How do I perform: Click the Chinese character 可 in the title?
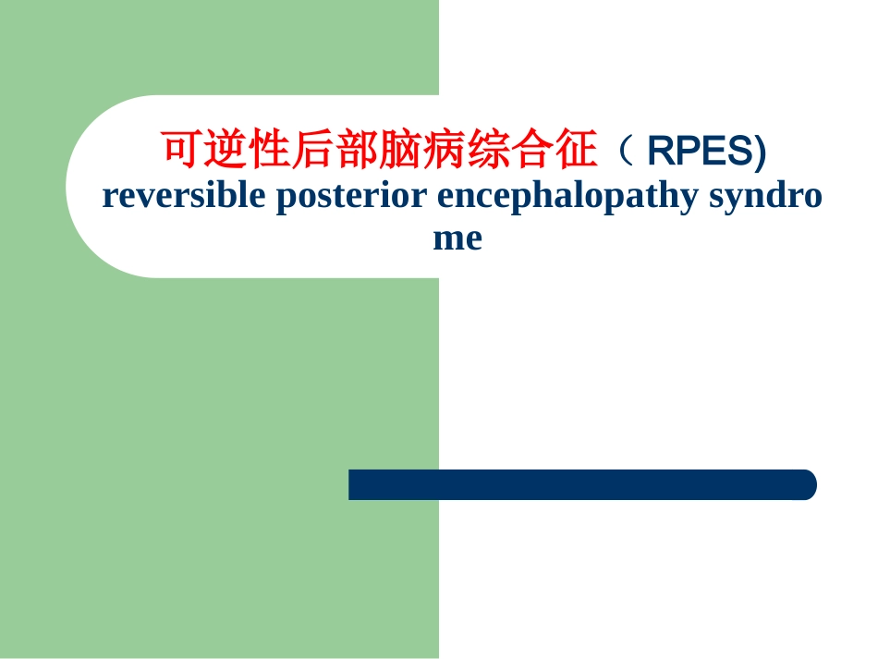click(182, 149)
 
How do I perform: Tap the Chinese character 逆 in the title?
click(226, 149)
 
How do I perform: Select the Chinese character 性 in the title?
click(269, 149)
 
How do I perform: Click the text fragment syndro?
click(765, 196)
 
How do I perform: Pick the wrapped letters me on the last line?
click(457, 238)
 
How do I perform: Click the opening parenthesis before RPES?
click(626, 150)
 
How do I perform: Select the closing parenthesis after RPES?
click(761, 152)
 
